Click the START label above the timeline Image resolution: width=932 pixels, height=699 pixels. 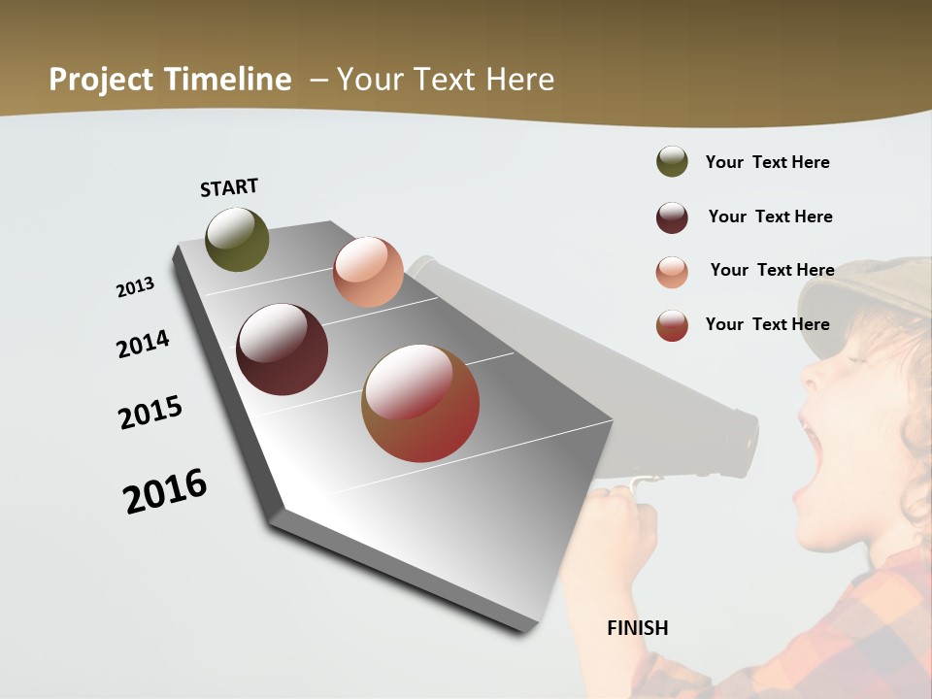pos(229,187)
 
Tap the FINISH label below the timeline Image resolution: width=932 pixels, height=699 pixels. pos(638,628)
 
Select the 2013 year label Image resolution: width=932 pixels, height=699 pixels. pos(135,287)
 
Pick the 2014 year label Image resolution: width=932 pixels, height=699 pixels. pos(143,344)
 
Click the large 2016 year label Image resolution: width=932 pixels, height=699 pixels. pos(165,491)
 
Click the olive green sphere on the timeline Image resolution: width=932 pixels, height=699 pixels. pos(237,240)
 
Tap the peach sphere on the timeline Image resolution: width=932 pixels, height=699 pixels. pos(368,272)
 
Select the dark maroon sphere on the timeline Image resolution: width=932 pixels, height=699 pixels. pos(283,349)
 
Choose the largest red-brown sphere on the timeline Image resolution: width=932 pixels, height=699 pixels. pos(420,403)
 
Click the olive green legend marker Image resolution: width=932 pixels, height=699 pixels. pos(672,161)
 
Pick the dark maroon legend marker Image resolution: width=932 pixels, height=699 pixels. pos(672,217)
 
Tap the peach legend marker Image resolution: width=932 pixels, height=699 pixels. pos(672,272)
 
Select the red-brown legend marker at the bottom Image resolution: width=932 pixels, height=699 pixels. pos(672,325)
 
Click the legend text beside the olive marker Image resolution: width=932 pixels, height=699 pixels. pos(767,162)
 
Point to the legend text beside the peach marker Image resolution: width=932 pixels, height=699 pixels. pos(772,270)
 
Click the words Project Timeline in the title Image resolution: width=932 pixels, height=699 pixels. pos(170,80)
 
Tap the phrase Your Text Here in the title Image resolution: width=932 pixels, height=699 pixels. pos(445,80)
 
